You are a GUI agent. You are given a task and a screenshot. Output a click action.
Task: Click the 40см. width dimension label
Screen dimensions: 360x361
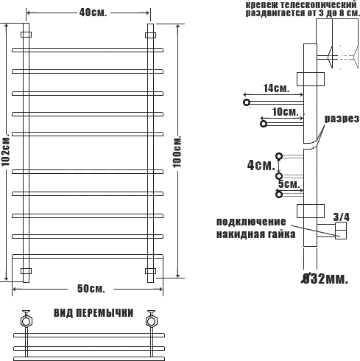pos(93,13)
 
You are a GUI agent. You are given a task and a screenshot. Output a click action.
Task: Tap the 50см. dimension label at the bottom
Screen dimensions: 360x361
pos(91,289)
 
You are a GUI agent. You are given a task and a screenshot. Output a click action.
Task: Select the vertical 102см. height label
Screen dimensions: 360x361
pos(5,150)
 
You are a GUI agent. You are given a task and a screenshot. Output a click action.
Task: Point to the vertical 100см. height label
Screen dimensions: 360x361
pos(177,151)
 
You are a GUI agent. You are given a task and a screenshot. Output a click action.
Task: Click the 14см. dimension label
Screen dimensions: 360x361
pos(276,88)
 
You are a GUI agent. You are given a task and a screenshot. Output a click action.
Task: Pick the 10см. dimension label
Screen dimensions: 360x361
pos(286,112)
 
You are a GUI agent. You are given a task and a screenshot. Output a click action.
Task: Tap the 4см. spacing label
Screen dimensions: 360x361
pos(261,165)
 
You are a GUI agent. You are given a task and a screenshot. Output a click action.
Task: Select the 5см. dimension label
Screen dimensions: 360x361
pos(289,184)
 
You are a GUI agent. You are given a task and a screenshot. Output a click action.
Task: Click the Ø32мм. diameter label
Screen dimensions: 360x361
pos(325,279)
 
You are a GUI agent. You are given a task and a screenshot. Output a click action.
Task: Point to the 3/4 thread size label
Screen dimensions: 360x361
pos(342,217)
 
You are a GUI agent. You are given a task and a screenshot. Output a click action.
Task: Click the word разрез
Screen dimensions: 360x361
pos(342,119)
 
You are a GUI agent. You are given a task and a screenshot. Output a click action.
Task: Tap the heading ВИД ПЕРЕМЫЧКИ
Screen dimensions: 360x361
pos(93,313)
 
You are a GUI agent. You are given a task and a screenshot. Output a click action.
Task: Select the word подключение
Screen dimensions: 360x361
pos(251,222)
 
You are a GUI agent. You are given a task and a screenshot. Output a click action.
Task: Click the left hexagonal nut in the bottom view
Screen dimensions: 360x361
pos(26,321)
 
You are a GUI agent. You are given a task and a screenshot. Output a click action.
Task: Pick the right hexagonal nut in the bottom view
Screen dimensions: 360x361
pos(151,321)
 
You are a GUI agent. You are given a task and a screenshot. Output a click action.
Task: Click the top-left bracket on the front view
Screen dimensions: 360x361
pos(26,35)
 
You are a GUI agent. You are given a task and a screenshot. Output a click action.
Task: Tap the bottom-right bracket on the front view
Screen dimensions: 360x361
pos(150,271)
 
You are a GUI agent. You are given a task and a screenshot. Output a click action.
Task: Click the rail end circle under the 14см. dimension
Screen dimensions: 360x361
pos(247,102)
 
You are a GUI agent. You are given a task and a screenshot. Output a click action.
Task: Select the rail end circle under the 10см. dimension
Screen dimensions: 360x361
pos(264,124)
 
